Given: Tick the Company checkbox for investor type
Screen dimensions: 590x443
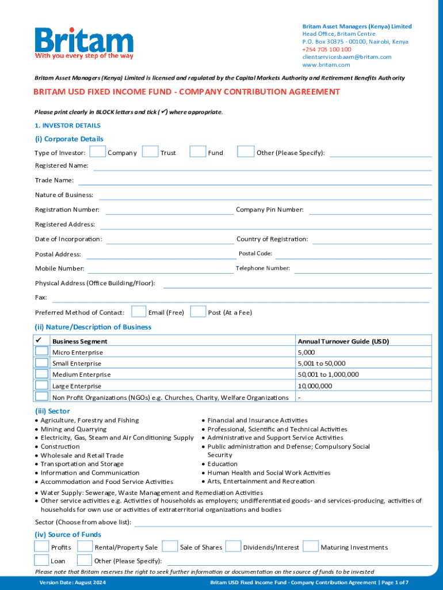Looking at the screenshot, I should [x=98, y=152].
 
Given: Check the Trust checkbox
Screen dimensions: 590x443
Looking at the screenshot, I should [x=150, y=152].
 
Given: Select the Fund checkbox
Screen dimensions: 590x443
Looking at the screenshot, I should [x=198, y=152].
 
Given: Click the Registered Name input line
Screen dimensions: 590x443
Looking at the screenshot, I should [x=262, y=167].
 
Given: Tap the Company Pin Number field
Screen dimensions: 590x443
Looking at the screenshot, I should [x=370, y=210].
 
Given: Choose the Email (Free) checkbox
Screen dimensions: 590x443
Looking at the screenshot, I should [x=139, y=312].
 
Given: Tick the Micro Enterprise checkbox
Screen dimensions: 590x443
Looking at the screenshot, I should [x=41, y=351].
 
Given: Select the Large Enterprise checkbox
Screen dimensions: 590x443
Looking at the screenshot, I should [x=41, y=385].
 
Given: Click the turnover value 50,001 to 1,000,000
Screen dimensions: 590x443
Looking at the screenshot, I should [x=328, y=375].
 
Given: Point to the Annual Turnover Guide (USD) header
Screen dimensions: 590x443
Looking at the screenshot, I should [x=343, y=341].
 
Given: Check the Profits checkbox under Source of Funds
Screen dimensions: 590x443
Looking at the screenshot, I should [x=41, y=546].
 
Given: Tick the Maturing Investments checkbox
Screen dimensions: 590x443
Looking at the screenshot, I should [x=311, y=546].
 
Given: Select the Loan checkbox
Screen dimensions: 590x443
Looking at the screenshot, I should [x=41, y=560].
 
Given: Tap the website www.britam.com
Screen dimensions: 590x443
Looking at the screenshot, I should [x=322, y=65].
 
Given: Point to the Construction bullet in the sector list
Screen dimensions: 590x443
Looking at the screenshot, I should [x=60, y=447].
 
